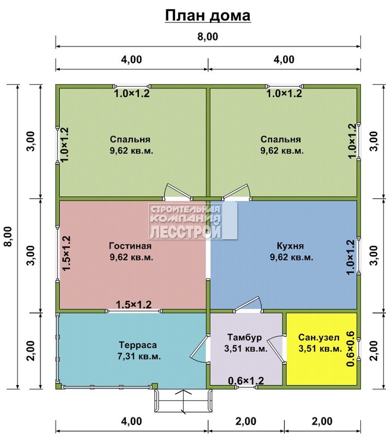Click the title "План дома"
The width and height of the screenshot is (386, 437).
[208, 15]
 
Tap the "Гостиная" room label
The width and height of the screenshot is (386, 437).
[130, 246]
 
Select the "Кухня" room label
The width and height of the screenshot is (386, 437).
[290, 246]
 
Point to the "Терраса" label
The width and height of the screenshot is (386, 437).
[138, 345]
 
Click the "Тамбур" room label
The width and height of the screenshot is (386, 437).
[244, 338]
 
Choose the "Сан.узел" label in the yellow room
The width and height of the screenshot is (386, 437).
[319, 338]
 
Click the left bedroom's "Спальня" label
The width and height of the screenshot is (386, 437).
[130, 139]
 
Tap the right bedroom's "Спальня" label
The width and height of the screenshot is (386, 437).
[280, 139]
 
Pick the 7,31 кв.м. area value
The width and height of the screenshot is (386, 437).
[139, 357]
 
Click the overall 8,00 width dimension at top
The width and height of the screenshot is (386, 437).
[208, 37]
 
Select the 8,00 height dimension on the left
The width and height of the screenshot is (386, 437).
[9, 237]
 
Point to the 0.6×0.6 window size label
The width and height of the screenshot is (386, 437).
[350, 349]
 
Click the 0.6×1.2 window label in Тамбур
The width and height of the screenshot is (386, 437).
[246, 380]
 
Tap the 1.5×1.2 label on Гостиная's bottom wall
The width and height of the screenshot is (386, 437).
[133, 304]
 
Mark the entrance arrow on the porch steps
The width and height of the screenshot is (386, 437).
[183, 401]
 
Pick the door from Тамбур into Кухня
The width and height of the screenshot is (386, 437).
[248, 304]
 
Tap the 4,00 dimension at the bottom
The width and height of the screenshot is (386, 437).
[132, 421]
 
